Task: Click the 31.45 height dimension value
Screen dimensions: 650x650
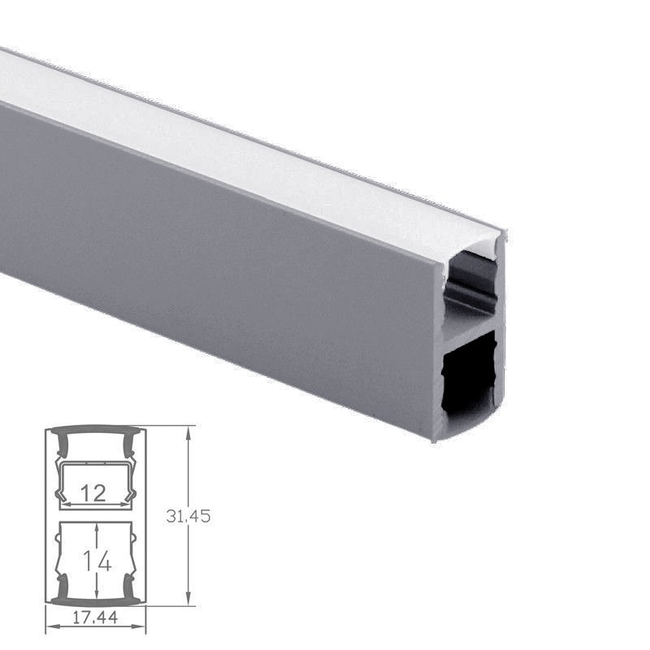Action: pos(188,516)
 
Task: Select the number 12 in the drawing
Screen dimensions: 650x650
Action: pos(94,492)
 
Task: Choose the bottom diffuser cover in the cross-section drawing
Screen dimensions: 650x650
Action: pos(95,602)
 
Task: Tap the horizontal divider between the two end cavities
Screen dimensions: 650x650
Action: pos(470,324)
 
